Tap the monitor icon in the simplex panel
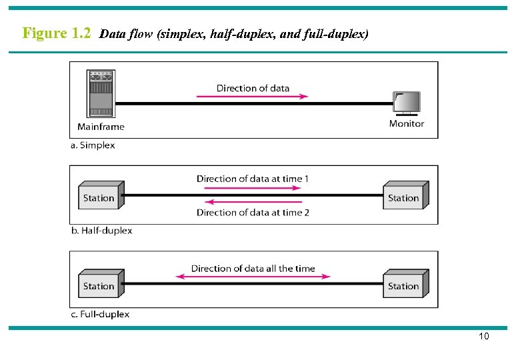[407, 103]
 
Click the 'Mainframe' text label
[101, 127]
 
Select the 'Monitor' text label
[407, 123]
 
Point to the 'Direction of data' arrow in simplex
[253, 97]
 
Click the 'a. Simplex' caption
[93, 145]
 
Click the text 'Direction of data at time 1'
[253, 179]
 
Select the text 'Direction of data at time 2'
[253, 213]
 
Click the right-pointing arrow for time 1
[253, 188]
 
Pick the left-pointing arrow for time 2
[253, 202]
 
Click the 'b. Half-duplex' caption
[101, 231]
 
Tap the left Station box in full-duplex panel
[100, 285]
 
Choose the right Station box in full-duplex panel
[405, 285]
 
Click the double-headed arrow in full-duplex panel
[253, 277]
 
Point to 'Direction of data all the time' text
[253, 268]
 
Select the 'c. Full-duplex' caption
[100, 314]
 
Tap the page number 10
[484, 336]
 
